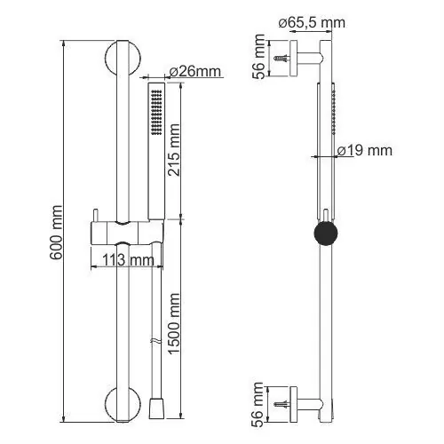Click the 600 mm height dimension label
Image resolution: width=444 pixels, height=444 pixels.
tap(56, 233)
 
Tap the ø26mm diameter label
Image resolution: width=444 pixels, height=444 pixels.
tap(195, 72)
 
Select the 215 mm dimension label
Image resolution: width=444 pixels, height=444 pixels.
tap(173, 150)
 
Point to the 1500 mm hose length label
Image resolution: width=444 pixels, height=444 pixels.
tap(173, 323)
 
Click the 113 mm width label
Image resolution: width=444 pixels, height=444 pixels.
tap(128, 260)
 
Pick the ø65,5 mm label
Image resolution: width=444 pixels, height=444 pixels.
tap(312, 23)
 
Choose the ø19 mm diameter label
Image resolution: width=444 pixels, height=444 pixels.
tap(365, 151)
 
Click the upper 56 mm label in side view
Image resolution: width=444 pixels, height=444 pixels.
tap(258, 57)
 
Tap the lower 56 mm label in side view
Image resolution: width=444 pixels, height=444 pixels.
tap(258, 405)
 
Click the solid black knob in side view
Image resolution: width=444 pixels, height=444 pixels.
tap(326, 234)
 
